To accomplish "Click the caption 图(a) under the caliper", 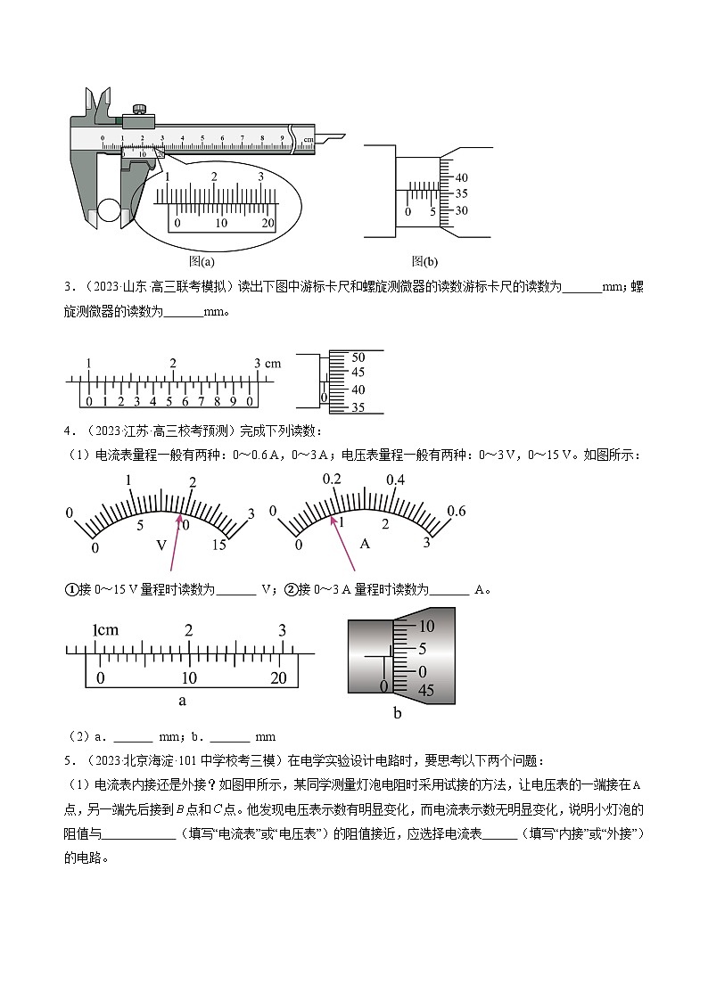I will pyautogui.click(x=202, y=262).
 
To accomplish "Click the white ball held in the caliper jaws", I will pyautogui.click(x=110, y=210).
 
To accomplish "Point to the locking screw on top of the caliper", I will pyautogui.click(x=139, y=110).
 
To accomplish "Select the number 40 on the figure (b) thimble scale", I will pyautogui.click(x=461, y=176).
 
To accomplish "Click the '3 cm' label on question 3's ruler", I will pyautogui.click(x=267, y=364).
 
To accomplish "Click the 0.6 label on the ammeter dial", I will pyautogui.click(x=457, y=511).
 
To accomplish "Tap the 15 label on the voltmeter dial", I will pyautogui.click(x=219, y=546).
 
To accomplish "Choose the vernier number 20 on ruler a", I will pyautogui.click(x=278, y=677).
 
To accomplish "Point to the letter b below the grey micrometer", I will pyautogui.click(x=398, y=713).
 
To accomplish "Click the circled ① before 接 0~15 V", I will pyautogui.click(x=74, y=589).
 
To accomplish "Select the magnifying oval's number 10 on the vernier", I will pyautogui.click(x=221, y=222).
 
